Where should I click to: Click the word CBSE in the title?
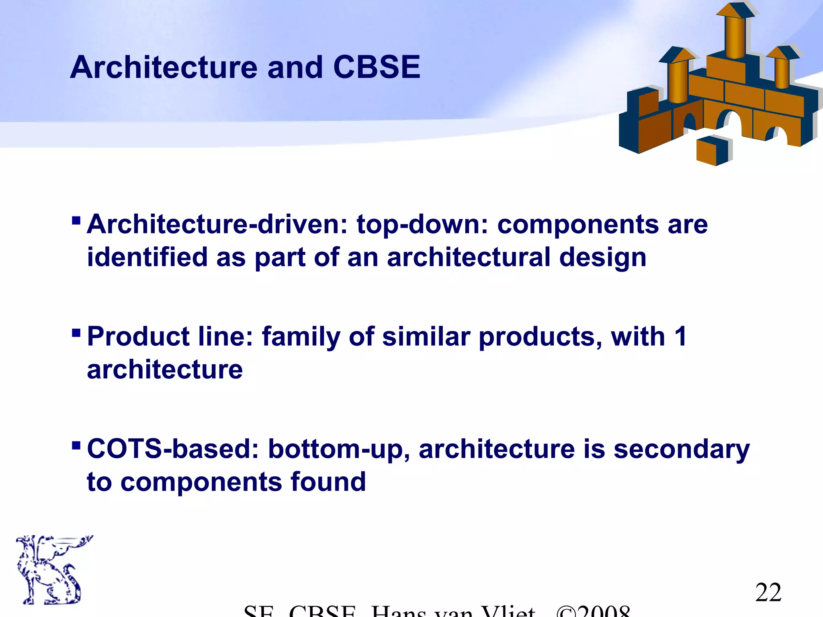(x=377, y=67)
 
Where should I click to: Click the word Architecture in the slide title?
(x=164, y=67)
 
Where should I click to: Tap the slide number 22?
(x=768, y=592)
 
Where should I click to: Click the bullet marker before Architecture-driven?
(x=76, y=221)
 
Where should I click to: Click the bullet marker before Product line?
(x=76, y=333)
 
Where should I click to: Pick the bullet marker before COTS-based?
(x=76, y=445)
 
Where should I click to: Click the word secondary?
(x=682, y=449)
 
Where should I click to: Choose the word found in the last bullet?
(x=328, y=482)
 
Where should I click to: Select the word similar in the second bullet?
(x=426, y=337)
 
